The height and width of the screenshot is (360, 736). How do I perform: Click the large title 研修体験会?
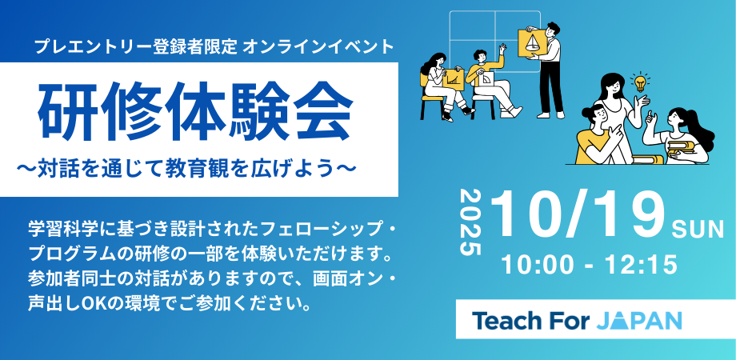point(195,113)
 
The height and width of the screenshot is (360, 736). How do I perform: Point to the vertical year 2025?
point(470,222)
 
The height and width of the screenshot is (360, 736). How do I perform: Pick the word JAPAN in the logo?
point(639,321)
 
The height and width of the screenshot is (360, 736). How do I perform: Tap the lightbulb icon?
point(639,82)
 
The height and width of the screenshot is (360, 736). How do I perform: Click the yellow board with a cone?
point(532,42)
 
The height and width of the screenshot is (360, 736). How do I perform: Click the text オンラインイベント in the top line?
point(318,47)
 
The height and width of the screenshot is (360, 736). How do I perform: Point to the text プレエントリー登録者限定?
point(136,47)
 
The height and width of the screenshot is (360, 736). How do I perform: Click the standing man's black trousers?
point(550,87)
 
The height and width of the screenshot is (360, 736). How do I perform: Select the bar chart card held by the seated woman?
point(453,78)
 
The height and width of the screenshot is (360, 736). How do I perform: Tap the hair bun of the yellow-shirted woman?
point(586,113)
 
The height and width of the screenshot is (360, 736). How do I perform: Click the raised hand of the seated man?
point(502,47)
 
